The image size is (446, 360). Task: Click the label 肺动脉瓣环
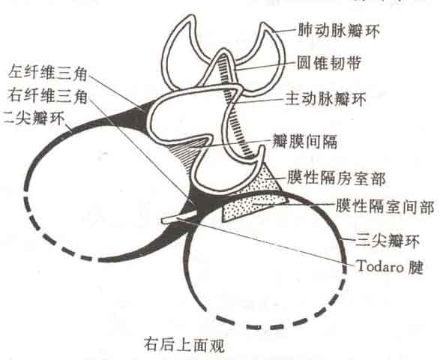pos(339,31)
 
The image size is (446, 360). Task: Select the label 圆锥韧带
pos(329,63)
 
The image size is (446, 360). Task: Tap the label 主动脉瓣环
pos(325,99)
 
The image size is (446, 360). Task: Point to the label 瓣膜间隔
pos(304,140)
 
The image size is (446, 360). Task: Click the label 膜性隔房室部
pos(337,178)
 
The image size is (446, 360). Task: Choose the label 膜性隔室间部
pos(385,206)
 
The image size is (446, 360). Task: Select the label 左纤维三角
pos(47,73)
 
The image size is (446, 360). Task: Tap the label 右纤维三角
pos(47,95)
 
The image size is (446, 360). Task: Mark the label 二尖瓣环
pos(34,117)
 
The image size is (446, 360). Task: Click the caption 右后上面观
pos(184,345)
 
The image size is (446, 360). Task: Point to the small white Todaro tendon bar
pos(179,217)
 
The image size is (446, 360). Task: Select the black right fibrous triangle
pos(202,202)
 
